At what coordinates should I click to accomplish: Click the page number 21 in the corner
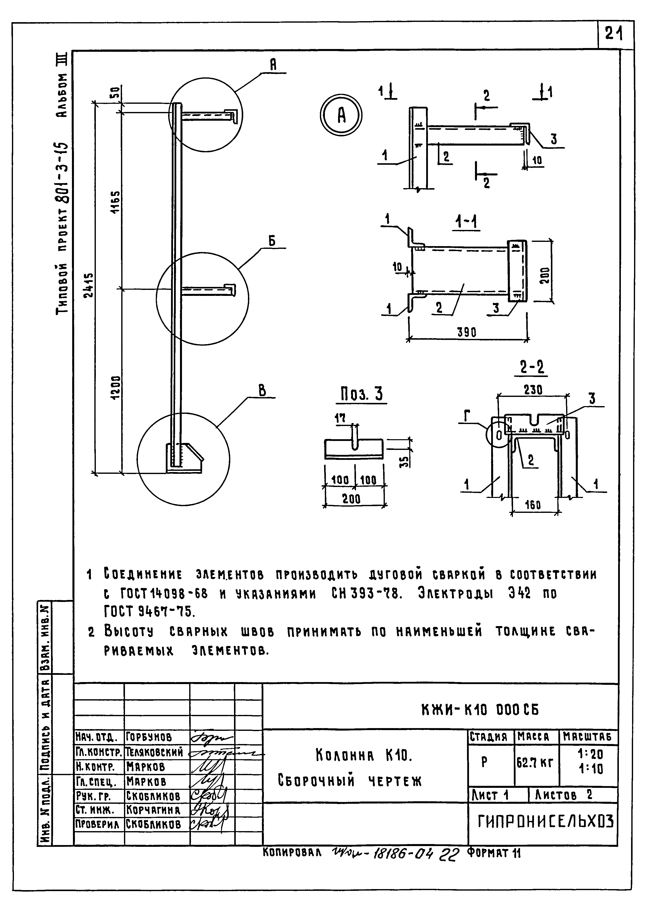click(614, 35)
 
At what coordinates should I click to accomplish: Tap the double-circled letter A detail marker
click(342, 115)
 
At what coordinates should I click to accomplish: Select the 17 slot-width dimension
click(340, 418)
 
